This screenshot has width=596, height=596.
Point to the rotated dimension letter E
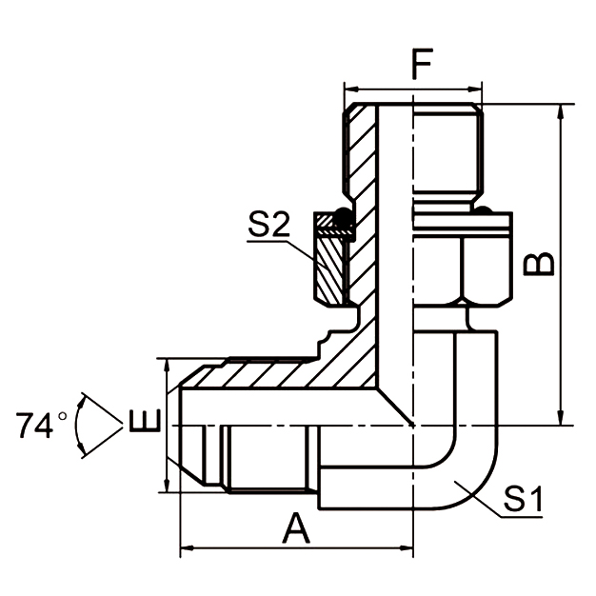pyautogui.click(x=139, y=421)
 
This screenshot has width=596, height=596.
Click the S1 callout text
pyautogui.click(x=523, y=498)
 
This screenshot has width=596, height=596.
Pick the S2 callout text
pyautogui.click(x=268, y=226)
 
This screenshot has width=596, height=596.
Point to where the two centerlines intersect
pyautogui.click(x=413, y=423)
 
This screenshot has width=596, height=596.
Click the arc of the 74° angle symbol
pyautogui.click(x=84, y=424)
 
